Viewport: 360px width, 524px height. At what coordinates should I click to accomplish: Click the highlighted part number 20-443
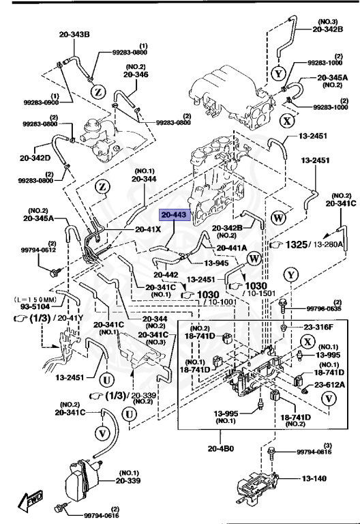[174, 216]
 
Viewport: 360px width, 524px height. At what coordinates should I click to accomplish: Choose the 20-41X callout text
[148, 229]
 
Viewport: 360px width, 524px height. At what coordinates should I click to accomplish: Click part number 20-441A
[232, 248]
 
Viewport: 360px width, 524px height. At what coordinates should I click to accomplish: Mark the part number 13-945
[217, 262]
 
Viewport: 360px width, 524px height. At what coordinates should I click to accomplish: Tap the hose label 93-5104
[25, 306]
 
